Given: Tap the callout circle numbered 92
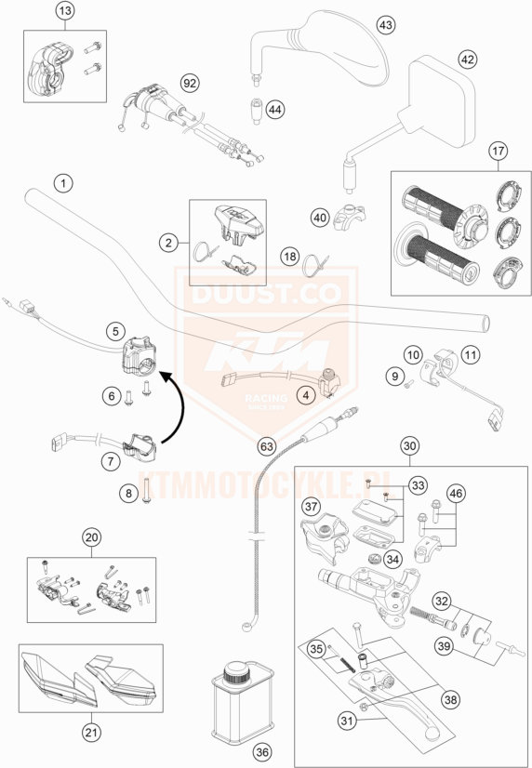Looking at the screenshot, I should pyautogui.click(x=190, y=84).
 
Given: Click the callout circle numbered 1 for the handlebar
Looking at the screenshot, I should pyautogui.click(x=61, y=182).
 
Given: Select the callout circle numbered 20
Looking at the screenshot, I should pyautogui.click(x=91, y=536).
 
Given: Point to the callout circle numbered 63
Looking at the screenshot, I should pyautogui.click(x=267, y=447).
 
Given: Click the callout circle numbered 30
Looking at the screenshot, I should pyautogui.click(x=408, y=445).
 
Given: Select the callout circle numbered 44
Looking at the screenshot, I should pyautogui.click(x=274, y=110).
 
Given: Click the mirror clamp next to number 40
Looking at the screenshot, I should pyautogui.click(x=351, y=215).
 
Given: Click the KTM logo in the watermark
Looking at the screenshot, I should pyautogui.click(x=266, y=358).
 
